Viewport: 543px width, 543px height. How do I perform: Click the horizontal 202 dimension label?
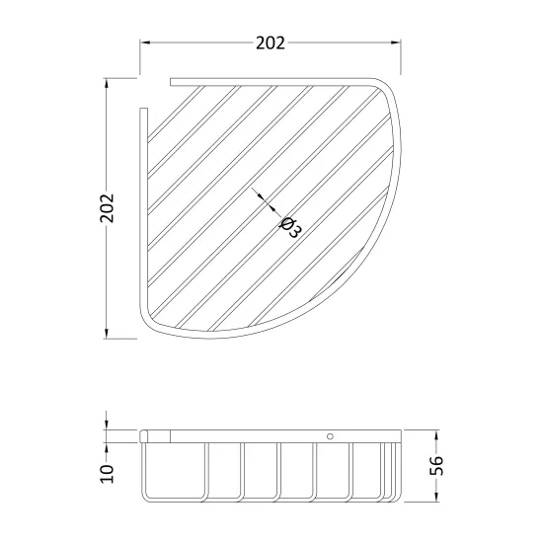[271, 43]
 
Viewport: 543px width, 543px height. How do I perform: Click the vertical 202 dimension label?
[107, 208]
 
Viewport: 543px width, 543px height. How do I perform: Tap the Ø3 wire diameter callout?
[290, 227]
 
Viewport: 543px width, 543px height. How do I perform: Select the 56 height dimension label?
[436, 465]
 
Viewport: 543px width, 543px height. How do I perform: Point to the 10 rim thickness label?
[107, 474]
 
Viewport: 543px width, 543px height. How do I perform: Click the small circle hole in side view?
[330, 436]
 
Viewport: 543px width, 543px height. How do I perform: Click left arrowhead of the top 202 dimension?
[145, 42]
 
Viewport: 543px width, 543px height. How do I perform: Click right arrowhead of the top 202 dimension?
[396, 42]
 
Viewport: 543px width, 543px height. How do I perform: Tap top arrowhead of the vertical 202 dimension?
[107, 83]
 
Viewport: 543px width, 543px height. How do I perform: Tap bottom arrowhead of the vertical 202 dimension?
[107, 334]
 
